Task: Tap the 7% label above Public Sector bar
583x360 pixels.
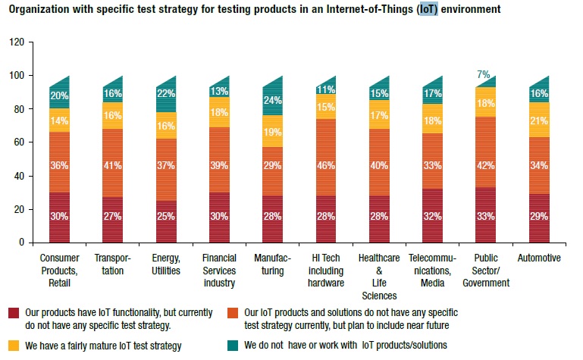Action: pos(484,74)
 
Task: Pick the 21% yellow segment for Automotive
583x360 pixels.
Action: pos(540,121)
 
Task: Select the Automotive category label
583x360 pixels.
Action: pos(540,258)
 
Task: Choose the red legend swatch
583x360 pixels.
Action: pos(14,312)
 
